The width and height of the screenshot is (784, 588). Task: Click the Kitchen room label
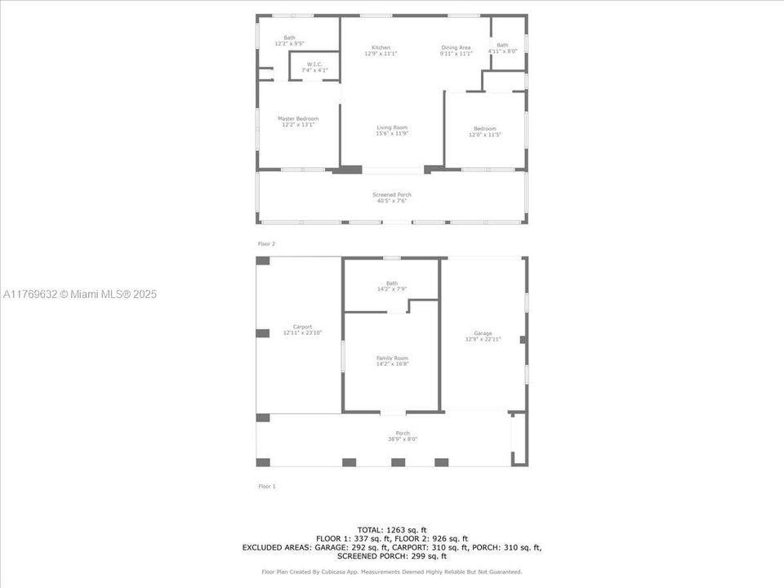click(x=381, y=47)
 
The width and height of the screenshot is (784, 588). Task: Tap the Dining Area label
click(x=456, y=47)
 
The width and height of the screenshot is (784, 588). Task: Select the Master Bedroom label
click(x=297, y=118)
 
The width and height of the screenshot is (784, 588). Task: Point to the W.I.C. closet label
click(x=314, y=65)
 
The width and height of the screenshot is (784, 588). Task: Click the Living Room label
click(x=392, y=127)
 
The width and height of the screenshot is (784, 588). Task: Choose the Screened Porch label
click(x=392, y=194)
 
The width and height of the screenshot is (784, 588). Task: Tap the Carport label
click(x=297, y=327)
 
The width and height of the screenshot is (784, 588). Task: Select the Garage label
click(x=483, y=333)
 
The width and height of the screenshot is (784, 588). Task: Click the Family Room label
click(x=392, y=358)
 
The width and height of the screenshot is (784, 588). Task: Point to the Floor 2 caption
click(x=267, y=243)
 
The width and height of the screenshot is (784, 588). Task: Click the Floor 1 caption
click(x=267, y=486)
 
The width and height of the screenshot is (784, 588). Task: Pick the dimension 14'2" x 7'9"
click(x=392, y=289)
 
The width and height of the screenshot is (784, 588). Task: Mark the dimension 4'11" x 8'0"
click(x=502, y=51)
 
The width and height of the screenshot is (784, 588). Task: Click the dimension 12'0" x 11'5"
click(x=484, y=134)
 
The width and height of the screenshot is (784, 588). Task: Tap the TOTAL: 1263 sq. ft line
click(x=392, y=530)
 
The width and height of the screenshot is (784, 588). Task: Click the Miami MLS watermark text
click(x=80, y=294)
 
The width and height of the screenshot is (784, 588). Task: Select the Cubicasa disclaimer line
click(x=392, y=572)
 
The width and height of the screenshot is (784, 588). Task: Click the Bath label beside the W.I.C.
click(x=289, y=38)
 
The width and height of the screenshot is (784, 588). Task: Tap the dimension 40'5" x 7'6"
click(x=392, y=200)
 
